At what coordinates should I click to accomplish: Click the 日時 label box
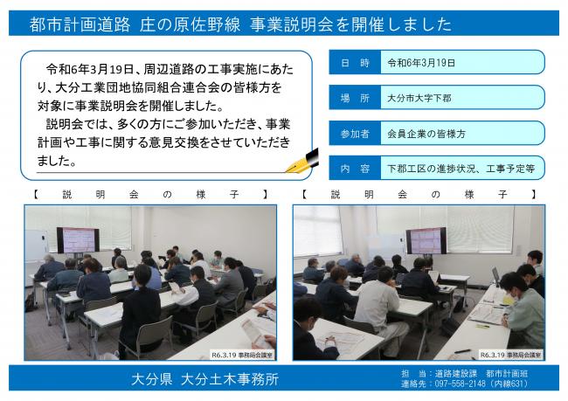click(x=353, y=63)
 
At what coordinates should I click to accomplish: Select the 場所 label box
click(x=353, y=98)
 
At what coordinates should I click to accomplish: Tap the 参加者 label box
click(x=353, y=134)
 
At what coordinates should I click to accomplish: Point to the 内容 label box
click(x=353, y=169)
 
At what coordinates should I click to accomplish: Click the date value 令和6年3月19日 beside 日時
click(x=419, y=63)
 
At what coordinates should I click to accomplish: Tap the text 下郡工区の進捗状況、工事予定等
click(x=459, y=169)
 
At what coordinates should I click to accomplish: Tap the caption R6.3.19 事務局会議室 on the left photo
click(x=242, y=356)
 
